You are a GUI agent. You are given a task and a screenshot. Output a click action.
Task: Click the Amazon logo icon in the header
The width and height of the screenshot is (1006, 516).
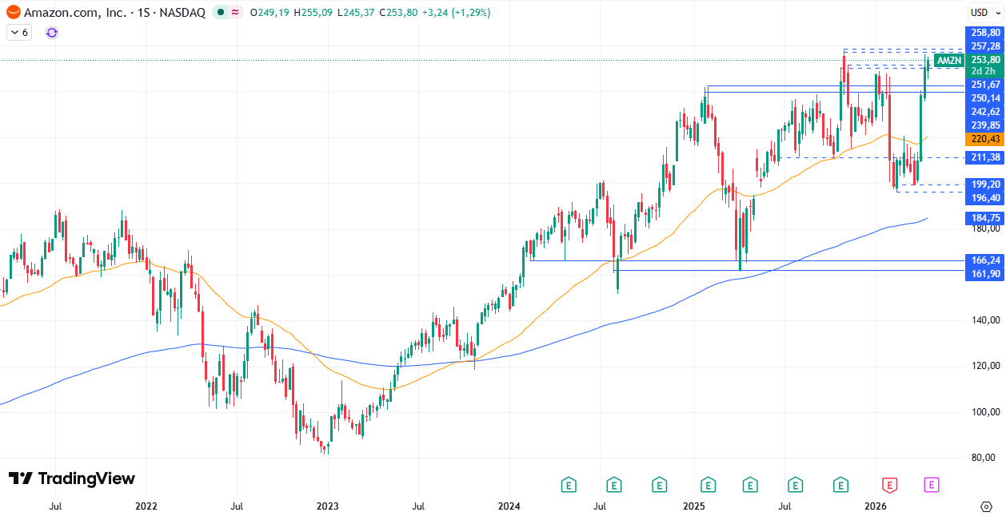[x=13, y=13]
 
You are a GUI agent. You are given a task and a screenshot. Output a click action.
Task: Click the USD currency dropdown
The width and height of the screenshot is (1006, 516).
[x=980, y=12]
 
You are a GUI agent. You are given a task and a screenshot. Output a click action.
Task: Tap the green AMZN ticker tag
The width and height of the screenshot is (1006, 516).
[x=949, y=60]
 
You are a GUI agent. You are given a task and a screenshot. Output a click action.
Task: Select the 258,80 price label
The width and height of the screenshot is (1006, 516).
[x=985, y=33]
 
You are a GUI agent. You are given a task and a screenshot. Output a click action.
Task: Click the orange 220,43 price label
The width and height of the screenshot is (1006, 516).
[x=985, y=139]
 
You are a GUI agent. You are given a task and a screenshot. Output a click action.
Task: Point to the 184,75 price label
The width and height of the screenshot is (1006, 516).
[x=985, y=218]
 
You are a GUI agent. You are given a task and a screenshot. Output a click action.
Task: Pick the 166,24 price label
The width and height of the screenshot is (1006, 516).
[x=985, y=260]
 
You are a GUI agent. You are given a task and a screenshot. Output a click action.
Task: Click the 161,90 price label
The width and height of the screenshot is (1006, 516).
[x=985, y=274]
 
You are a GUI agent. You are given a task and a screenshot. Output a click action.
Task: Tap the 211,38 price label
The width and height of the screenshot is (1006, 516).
[x=985, y=158]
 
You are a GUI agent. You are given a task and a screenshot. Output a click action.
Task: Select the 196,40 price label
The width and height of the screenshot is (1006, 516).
[x=985, y=198]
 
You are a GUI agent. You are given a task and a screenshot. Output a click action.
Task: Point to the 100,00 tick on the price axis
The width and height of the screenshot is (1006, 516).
[x=985, y=412]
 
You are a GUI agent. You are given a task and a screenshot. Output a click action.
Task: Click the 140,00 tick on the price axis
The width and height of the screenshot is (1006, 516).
[x=985, y=320]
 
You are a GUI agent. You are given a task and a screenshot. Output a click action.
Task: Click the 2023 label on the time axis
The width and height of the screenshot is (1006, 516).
[x=327, y=506]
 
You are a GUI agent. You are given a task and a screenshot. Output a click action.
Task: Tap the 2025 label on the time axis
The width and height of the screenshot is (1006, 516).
[x=693, y=506]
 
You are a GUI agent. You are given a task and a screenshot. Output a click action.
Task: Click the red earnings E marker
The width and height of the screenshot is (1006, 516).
[x=889, y=484]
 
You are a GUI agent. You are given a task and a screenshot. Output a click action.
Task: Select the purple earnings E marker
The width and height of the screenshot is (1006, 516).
[x=932, y=484]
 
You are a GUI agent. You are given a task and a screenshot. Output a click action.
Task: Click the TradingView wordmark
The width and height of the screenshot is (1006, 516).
[x=72, y=478]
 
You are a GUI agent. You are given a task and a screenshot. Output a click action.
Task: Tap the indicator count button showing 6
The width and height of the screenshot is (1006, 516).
[x=19, y=33]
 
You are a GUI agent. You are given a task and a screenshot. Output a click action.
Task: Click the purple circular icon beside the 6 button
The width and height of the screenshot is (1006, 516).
[x=52, y=33]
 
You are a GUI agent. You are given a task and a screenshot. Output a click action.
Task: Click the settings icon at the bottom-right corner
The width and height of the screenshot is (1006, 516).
[x=986, y=506]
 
